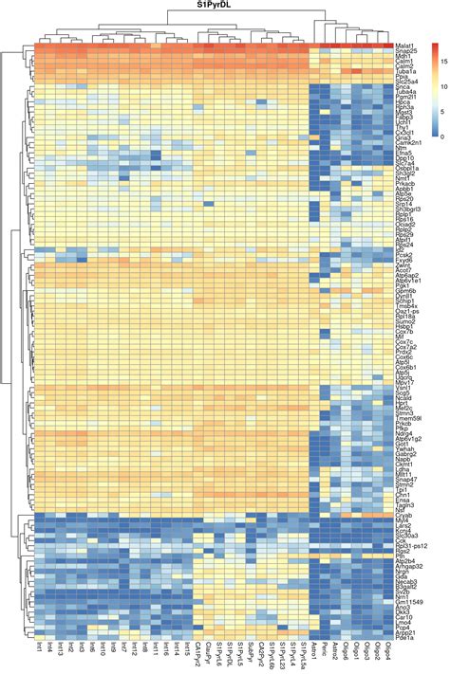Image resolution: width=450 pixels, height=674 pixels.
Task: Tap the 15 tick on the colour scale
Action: coord(442,62)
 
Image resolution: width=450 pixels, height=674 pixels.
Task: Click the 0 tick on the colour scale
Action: coord(441,136)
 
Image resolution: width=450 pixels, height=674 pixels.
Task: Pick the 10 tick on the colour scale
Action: coord(442,86)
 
